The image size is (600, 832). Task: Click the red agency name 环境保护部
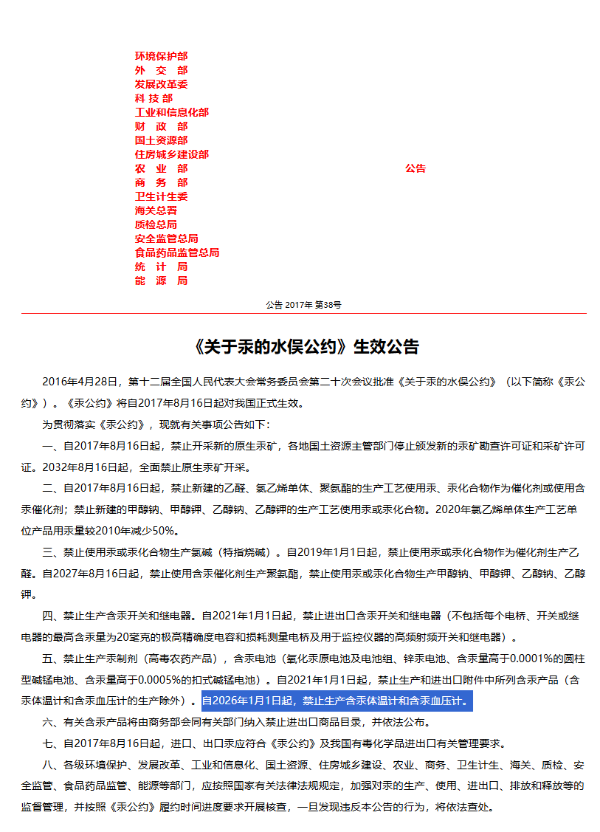[161, 56]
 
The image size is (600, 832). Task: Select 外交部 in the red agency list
[161, 70]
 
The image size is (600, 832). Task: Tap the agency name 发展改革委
[161, 84]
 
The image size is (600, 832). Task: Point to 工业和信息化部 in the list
[171, 112]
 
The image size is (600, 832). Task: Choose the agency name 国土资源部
[161, 140]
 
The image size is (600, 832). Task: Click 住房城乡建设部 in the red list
[171, 154]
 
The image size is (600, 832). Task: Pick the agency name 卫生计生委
[161, 196]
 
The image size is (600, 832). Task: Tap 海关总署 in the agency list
[156, 210]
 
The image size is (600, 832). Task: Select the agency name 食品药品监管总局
[176, 252]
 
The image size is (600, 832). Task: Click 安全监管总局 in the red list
[166, 238]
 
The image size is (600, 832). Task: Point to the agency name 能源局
[161, 281]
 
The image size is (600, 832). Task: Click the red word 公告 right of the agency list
[415, 168]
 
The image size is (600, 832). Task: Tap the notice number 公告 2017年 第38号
[303, 304]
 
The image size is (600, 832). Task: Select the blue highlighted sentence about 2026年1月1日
[336, 701]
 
